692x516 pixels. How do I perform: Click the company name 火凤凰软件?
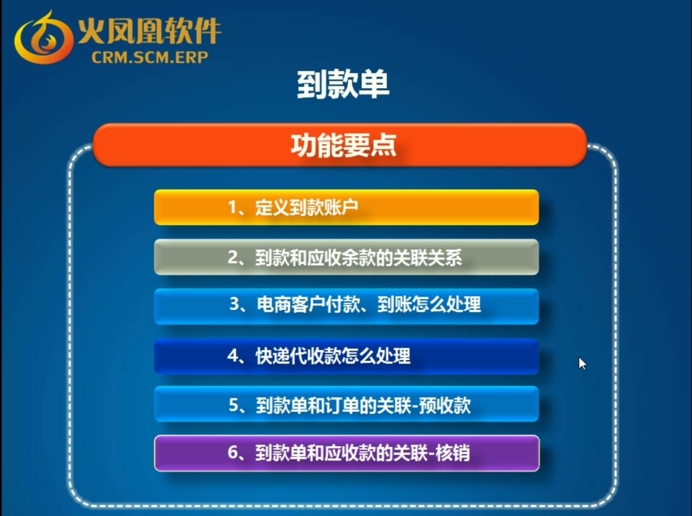[149, 31]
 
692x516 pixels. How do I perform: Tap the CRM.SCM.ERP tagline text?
[150, 57]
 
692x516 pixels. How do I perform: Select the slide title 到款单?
[343, 84]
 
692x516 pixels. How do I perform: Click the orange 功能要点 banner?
[339, 145]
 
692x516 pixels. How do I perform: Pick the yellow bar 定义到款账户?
[346, 207]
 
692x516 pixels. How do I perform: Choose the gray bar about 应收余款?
[346, 257]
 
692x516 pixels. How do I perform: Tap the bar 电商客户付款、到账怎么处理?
[346, 306]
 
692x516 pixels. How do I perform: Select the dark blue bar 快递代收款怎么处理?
[346, 356]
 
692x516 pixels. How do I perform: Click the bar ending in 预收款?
[346, 404]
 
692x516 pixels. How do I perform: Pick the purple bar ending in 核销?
[347, 453]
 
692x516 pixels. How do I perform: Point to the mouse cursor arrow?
[582, 363]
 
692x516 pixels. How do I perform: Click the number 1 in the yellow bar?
[233, 207]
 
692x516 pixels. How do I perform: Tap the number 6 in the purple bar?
[233, 452]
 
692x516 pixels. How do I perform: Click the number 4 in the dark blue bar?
[233, 355]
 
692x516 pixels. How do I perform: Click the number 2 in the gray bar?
[233, 257]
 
